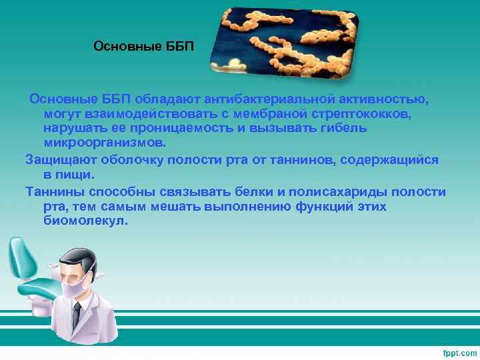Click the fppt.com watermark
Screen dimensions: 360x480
459,351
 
